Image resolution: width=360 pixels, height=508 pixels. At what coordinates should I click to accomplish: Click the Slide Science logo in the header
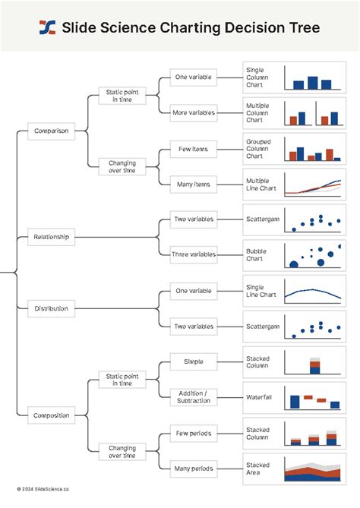pyautogui.click(x=47, y=28)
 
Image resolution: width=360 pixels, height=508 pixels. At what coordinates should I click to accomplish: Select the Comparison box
pyautogui.click(x=51, y=131)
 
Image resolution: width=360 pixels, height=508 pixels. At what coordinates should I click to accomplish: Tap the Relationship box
pyautogui.click(x=51, y=237)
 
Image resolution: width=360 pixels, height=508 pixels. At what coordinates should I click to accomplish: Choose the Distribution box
pyautogui.click(x=51, y=308)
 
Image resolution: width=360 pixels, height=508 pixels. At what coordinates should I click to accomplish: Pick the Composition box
pyautogui.click(x=51, y=415)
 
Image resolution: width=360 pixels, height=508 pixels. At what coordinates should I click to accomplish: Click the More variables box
pyautogui.click(x=194, y=112)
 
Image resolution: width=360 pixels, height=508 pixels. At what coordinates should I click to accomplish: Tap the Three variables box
pyautogui.click(x=194, y=254)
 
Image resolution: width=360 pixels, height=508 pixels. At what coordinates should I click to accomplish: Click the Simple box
pyautogui.click(x=194, y=361)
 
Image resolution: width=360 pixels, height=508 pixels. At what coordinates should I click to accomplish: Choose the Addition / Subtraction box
pyautogui.click(x=194, y=396)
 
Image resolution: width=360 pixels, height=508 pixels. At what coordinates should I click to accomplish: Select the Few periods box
pyautogui.click(x=194, y=433)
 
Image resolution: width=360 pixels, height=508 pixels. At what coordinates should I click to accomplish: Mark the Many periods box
pyautogui.click(x=194, y=468)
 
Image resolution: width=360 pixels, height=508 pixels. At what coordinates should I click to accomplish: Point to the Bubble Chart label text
pyautogui.click(x=256, y=254)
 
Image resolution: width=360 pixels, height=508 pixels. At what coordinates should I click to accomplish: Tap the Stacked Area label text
pyautogui.click(x=257, y=469)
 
